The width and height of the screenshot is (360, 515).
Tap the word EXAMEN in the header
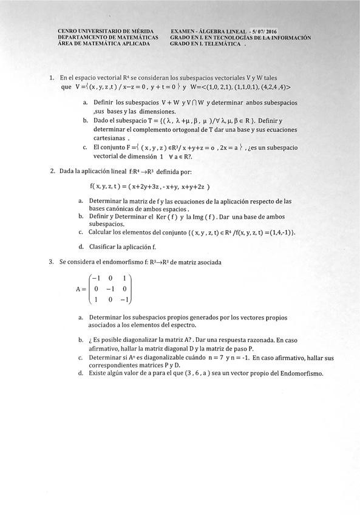coord(183,30)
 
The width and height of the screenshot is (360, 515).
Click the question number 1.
coord(52,78)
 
